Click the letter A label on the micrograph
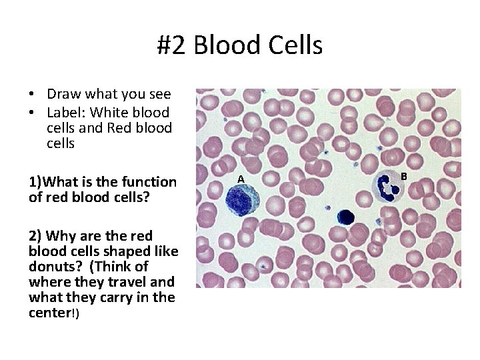pyautogui.click(x=241, y=179)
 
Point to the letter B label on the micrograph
pyautogui.click(x=403, y=176)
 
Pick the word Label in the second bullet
pyautogui.click(x=65, y=112)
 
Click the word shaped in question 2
pyautogui.click(x=123, y=251)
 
